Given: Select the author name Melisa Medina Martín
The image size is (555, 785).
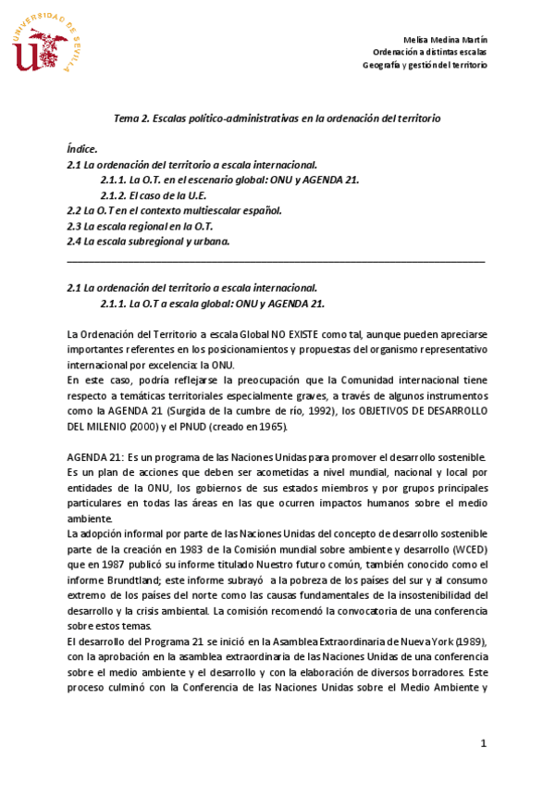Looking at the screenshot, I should [446, 40].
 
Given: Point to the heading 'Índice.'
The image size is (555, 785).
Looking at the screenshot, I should [82, 148].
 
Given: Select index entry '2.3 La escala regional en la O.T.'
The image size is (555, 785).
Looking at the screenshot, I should [141, 226].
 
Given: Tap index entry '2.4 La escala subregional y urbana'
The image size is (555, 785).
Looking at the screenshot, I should [149, 242].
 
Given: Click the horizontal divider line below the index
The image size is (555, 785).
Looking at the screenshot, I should [276, 262].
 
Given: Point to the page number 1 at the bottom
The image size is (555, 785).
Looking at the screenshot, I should [483, 743].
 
